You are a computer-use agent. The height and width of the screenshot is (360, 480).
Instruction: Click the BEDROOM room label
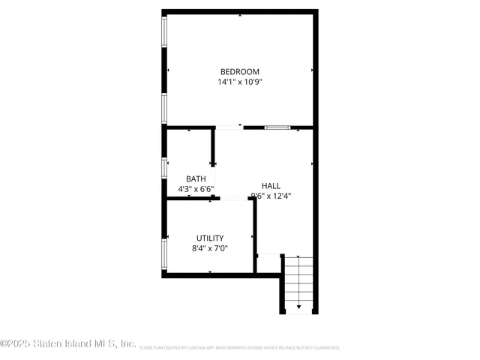239,72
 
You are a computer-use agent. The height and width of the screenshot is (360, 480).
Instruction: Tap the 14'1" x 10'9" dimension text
239,82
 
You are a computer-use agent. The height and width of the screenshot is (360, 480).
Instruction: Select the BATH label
196,178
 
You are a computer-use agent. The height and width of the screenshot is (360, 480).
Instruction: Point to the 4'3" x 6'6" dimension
196,189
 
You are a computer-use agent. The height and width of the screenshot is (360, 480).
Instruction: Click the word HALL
271,185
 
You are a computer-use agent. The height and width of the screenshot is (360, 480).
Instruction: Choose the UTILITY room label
209,238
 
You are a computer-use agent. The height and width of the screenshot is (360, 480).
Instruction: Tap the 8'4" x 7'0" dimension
209,248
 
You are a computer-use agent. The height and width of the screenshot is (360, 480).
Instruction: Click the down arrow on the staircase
299,307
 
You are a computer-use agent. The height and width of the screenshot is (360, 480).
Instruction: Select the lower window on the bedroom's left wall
165,106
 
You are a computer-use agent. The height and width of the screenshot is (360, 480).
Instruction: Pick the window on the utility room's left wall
165,254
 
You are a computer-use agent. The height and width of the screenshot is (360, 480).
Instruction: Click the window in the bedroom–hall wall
277,127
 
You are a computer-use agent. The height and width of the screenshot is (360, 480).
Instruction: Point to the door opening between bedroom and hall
229,127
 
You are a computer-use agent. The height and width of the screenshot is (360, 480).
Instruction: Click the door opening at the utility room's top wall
233,199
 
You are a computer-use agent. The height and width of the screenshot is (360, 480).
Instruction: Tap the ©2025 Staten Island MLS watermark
68,343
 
